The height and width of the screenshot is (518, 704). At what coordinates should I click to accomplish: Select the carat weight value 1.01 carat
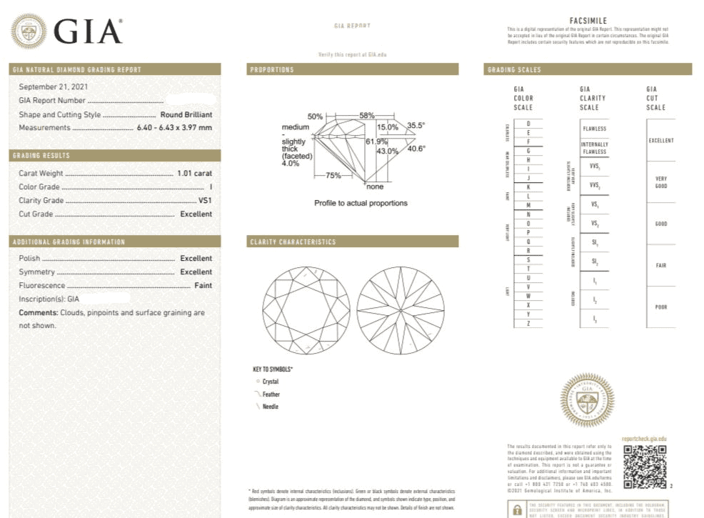coord(194,173)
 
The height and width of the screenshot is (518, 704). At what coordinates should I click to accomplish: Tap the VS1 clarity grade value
coord(205,201)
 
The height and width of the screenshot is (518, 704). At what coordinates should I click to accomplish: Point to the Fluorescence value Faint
coord(203,285)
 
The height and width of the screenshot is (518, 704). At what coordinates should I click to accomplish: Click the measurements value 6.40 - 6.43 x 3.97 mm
coord(174,128)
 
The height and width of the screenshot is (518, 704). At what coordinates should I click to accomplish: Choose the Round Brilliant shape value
coord(186,114)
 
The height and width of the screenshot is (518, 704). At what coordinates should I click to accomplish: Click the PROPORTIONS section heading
coord(272,70)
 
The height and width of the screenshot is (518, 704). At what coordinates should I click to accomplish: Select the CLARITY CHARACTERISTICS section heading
coord(293,242)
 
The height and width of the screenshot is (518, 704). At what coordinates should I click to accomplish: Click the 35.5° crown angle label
coord(416,126)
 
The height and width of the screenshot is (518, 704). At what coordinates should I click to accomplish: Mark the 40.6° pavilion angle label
coord(416,149)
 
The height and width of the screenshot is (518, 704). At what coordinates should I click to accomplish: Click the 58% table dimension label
coord(367,115)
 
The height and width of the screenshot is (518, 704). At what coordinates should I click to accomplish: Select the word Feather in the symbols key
coord(271,394)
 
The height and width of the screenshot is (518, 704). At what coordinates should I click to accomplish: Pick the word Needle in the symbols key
coord(271,407)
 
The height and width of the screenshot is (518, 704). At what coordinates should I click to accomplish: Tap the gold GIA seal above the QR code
coord(587,400)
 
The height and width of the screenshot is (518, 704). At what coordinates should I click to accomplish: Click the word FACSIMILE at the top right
coord(589,21)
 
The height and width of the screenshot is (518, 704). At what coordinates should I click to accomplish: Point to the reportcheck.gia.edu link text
coord(644,438)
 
